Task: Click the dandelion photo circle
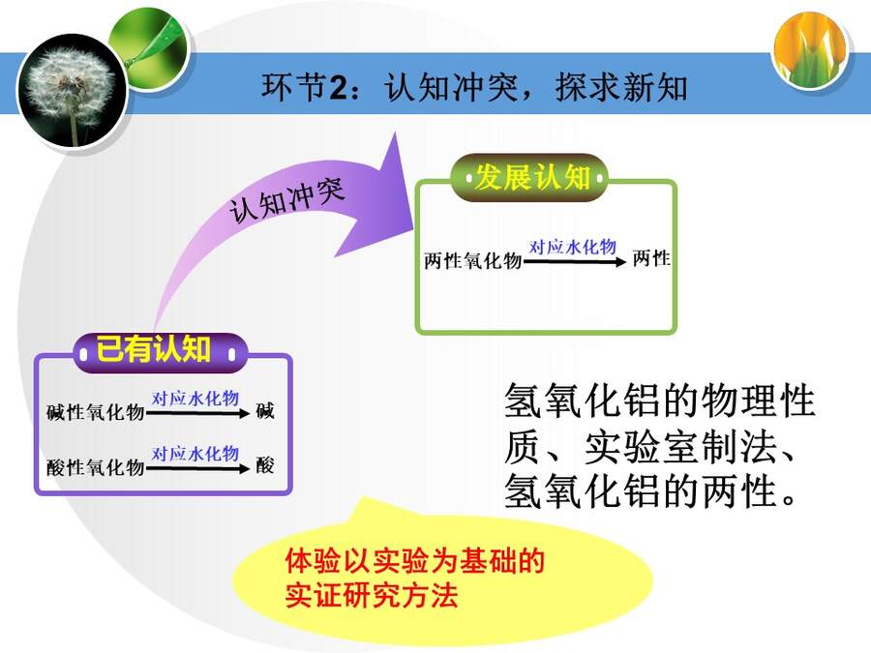coord(73,91)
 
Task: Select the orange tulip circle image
coord(810,51)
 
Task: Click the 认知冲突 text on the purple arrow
coord(286,200)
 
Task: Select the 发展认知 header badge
coord(528,178)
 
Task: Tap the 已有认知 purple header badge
coord(160,352)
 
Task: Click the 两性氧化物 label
coord(472,260)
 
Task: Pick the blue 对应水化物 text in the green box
coord(573,247)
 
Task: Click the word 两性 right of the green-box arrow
coord(651,258)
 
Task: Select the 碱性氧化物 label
coord(96,412)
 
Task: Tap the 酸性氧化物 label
coord(96,467)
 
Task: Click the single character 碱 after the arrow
coord(265,411)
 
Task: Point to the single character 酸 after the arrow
coord(265,465)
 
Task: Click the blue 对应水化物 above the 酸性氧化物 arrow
coord(195,454)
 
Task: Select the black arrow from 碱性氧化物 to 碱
coord(197,413)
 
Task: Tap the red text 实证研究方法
coord(371,596)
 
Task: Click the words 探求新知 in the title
coord(621,88)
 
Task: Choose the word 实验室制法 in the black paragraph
coord(680,447)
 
